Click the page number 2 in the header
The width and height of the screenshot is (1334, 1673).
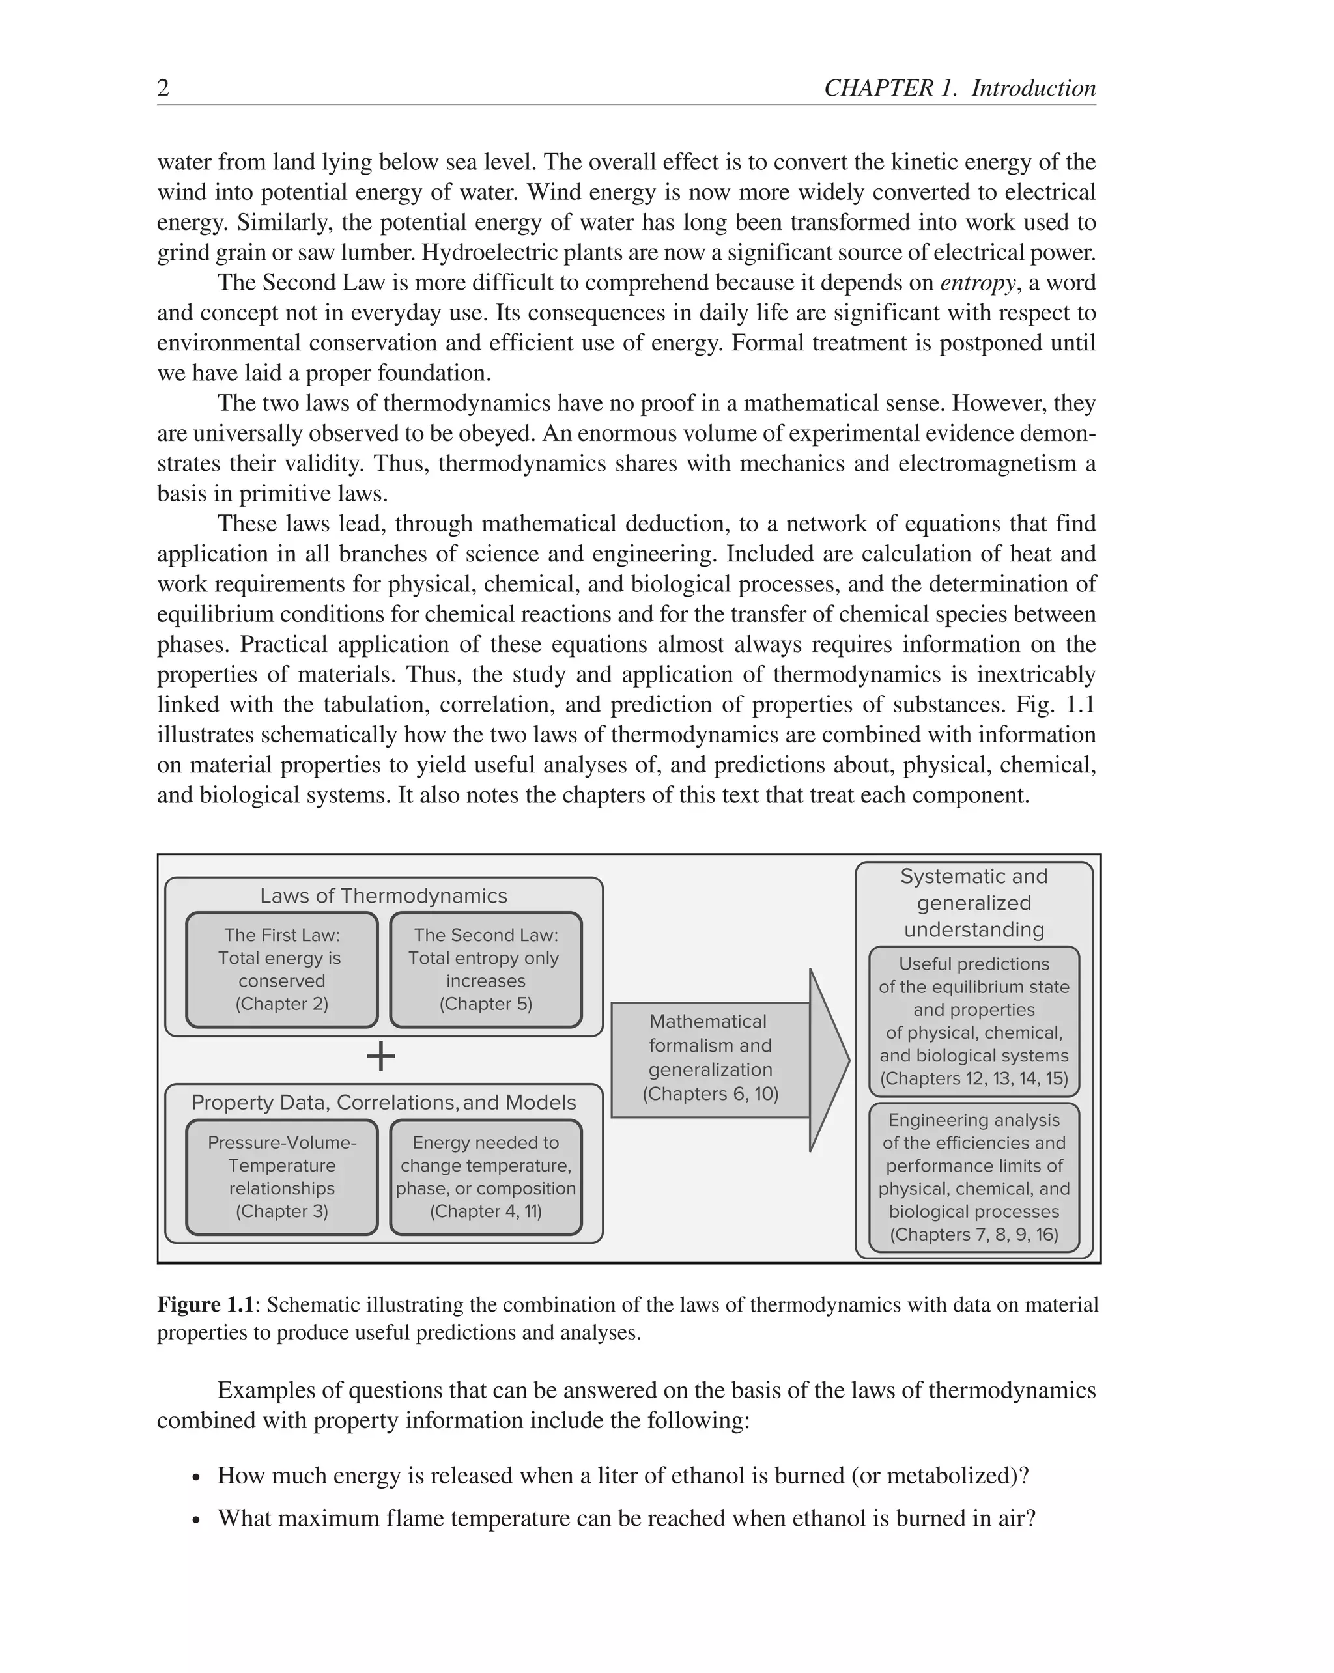(x=163, y=89)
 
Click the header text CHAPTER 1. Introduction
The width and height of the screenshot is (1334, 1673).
(x=959, y=89)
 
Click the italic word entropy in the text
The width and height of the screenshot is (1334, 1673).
(x=976, y=283)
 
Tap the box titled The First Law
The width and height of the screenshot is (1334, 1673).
(x=281, y=970)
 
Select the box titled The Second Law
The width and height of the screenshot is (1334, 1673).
(x=486, y=970)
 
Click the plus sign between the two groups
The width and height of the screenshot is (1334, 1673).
(x=381, y=1056)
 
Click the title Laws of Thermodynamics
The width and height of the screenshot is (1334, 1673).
(x=384, y=895)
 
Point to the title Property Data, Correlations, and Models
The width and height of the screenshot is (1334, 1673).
(x=384, y=1103)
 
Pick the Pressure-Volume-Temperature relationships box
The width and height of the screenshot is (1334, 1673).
(x=281, y=1177)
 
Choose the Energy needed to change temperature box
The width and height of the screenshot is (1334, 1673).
(x=486, y=1177)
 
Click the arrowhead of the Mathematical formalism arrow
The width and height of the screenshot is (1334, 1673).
(x=829, y=1060)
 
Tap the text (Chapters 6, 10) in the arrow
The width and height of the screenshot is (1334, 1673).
(x=710, y=1094)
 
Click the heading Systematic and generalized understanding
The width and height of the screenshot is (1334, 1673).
(x=974, y=903)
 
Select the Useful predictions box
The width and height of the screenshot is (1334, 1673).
(x=974, y=1020)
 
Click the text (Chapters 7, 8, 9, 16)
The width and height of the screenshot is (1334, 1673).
(x=974, y=1235)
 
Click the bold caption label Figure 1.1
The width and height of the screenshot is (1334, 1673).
(x=206, y=1304)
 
